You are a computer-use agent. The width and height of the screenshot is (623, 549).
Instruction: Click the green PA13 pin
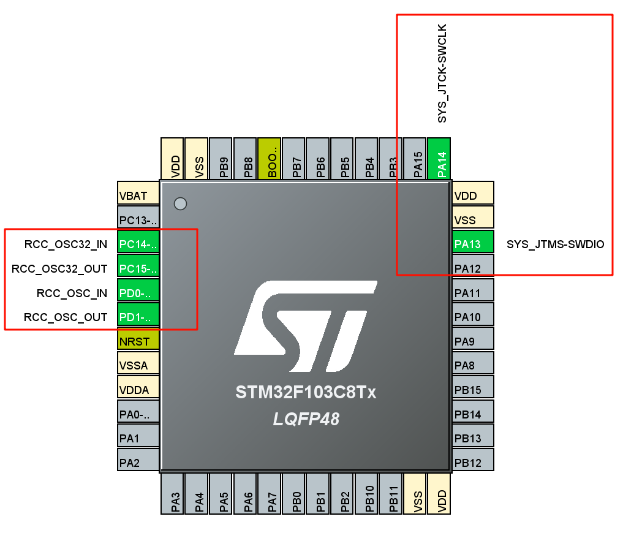tap(472, 244)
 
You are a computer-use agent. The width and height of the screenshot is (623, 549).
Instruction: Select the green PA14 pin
tap(439, 159)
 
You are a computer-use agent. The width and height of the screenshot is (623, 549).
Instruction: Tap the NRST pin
tap(138, 341)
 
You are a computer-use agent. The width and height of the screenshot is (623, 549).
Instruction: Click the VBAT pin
tap(138, 195)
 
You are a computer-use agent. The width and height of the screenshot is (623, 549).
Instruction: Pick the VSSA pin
tap(138, 366)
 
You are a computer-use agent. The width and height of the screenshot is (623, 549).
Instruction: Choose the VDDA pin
tap(138, 390)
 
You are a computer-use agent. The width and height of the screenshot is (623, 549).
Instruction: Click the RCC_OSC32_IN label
tap(66, 244)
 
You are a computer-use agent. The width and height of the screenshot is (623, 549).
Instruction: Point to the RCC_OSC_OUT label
tap(66, 317)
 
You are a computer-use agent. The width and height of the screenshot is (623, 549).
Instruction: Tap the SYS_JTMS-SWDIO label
tap(555, 244)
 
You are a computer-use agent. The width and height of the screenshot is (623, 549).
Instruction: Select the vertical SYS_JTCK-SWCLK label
tap(442, 74)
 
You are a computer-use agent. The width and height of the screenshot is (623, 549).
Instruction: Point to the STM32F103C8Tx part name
tap(306, 392)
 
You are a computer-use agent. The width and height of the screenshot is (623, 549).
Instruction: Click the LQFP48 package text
tap(306, 420)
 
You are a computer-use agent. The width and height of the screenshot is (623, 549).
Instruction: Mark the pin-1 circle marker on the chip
tap(180, 203)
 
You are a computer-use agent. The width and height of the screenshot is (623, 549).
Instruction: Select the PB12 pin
tap(472, 462)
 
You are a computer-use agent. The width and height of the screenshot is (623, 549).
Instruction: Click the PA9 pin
tap(472, 341)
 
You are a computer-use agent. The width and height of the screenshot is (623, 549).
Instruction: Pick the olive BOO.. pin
tap(270, 159)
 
